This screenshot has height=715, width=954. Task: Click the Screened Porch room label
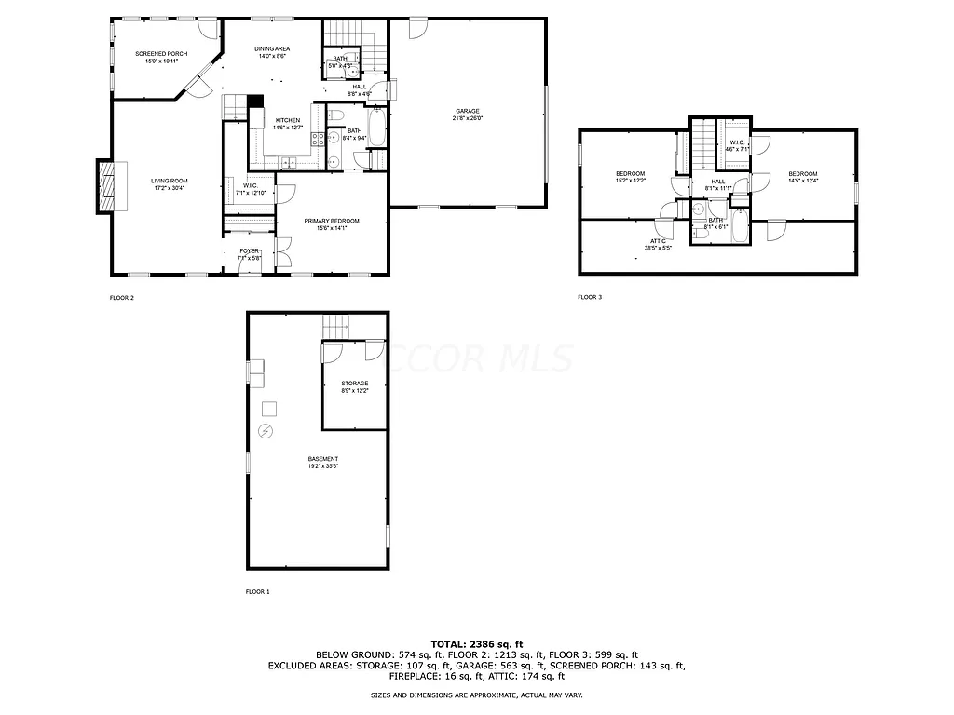[x=160, y=54]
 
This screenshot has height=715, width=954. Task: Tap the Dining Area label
[x=272, y=48]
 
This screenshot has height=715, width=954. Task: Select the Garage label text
[x=467, y=111]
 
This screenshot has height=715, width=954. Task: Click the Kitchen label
[x=287, y=120]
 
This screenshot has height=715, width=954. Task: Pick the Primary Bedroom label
[x=331, y=221]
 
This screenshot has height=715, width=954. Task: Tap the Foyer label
[x=249, y=250]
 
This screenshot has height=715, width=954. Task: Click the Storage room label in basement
[x=354, y=384]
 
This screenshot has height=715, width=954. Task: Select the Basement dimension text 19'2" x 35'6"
[x=323, y=465]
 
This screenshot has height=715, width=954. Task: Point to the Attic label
[x=658, y=240]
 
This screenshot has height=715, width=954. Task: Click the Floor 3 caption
[x=590, y=297]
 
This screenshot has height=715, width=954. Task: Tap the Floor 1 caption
[x=257, y=591]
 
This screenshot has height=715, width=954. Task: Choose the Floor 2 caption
[x=122, y=298]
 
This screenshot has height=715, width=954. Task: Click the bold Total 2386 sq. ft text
[x=477, y=644]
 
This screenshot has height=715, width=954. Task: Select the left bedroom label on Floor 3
[x=630, y=174]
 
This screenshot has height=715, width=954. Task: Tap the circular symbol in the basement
[x=266, y=431]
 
